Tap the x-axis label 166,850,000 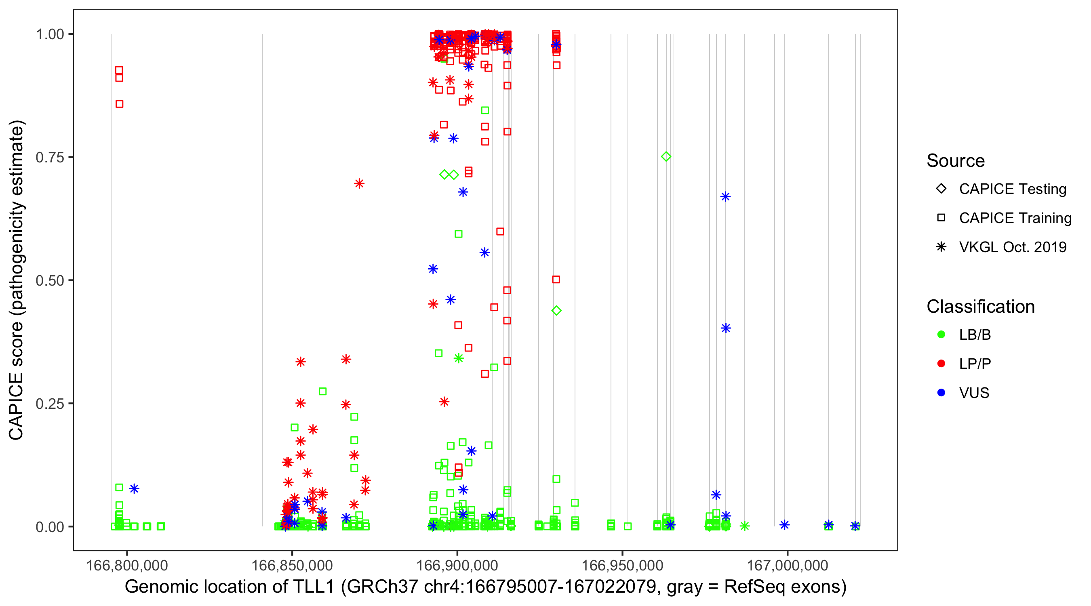point(292,565)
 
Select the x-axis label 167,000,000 point(787,565)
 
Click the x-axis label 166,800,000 point(126,565)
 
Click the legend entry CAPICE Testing point(1012,189)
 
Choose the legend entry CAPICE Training point(1015,218)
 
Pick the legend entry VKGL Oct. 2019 point(1012,247)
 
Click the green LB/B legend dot point(941,335)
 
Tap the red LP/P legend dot point(941,364)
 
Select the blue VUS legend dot point(941,393)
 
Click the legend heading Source point(956,161)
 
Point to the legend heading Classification point(980,307)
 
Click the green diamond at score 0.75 point(666,157)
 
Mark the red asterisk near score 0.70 point(359,183)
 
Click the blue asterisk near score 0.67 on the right point(725,196)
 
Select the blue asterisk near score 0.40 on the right point(725,328)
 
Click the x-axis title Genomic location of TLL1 point(485,587)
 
